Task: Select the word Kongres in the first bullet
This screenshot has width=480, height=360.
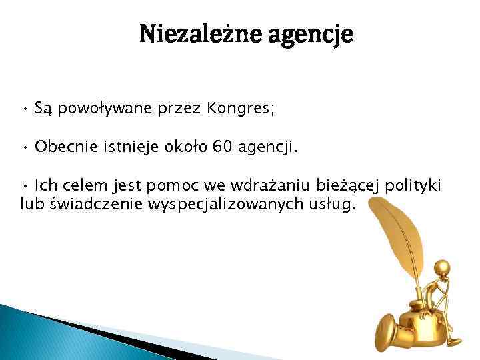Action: click(219, 108)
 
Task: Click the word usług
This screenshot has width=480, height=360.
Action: click(333, 203)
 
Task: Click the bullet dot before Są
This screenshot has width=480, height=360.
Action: click(25, 108)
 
